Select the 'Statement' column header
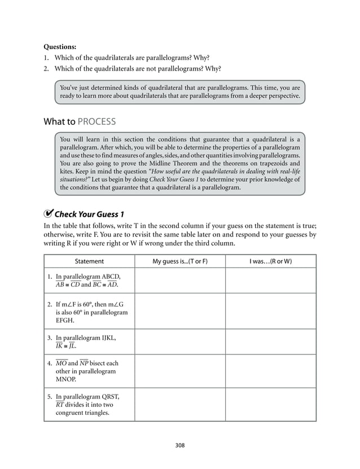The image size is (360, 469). click(x=89, y=261)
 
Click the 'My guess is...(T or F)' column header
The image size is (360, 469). click(x=180, y=261)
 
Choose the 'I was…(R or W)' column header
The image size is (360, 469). click(x=270, y=261)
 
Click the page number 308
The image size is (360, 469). click(x=180, y=445)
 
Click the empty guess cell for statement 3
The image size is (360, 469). click(x=180, y=342)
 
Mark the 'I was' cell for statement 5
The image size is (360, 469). click(x=270, y=404)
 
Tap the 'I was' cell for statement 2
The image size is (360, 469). click(x=270, y=312)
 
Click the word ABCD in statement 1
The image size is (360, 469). click(x=111, y=276)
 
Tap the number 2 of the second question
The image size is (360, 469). click(x=46, y=69)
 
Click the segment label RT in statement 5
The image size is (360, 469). click(x=59, y=404)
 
